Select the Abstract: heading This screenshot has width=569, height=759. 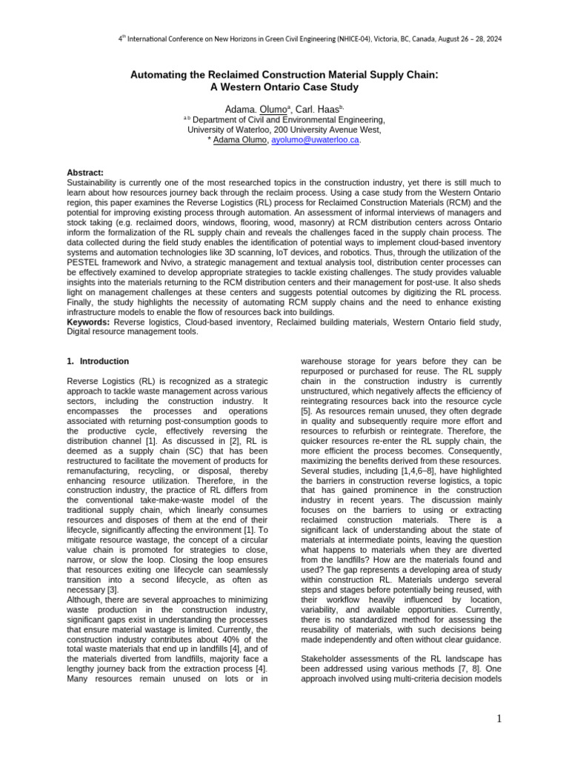(85, 172)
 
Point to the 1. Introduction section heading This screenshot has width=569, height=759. (98, 362)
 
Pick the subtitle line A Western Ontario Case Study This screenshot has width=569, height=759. (284, 87)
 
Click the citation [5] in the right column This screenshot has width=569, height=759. (306, 410)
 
